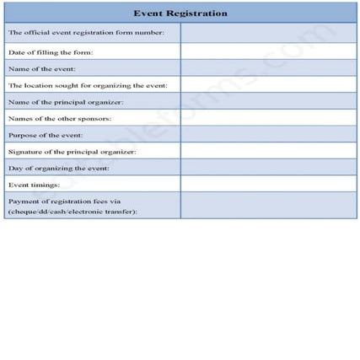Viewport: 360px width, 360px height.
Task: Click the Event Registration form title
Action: (x=180, y=13)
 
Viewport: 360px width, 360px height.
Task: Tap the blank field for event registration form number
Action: (x=268, y=34)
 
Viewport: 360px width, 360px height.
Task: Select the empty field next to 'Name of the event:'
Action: (x=268, y=68)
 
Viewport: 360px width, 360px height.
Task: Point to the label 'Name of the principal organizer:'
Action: (x=66, y=101)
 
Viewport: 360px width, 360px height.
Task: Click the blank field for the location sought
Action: (x=268, y=84)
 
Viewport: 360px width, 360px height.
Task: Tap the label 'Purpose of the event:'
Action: (x=46, y=134)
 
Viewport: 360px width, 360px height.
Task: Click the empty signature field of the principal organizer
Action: (x=268, y=151)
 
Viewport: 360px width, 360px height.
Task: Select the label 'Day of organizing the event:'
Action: (x=59, y=168)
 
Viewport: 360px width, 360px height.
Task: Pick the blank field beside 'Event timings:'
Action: (x=268, y=184)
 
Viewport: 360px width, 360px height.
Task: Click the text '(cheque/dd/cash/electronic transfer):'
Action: (x=73, y=211)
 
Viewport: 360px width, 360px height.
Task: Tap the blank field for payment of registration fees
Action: (x=268, y=206)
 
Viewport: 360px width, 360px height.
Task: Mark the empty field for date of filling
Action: (x=268, y=51)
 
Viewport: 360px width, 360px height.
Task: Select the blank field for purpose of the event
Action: (x=268, y=134)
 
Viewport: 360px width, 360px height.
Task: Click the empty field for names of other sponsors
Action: (x=268, y=118)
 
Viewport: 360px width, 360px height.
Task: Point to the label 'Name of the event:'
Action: (x=41, y=68)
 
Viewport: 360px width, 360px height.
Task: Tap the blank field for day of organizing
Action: (x=268, y=168)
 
